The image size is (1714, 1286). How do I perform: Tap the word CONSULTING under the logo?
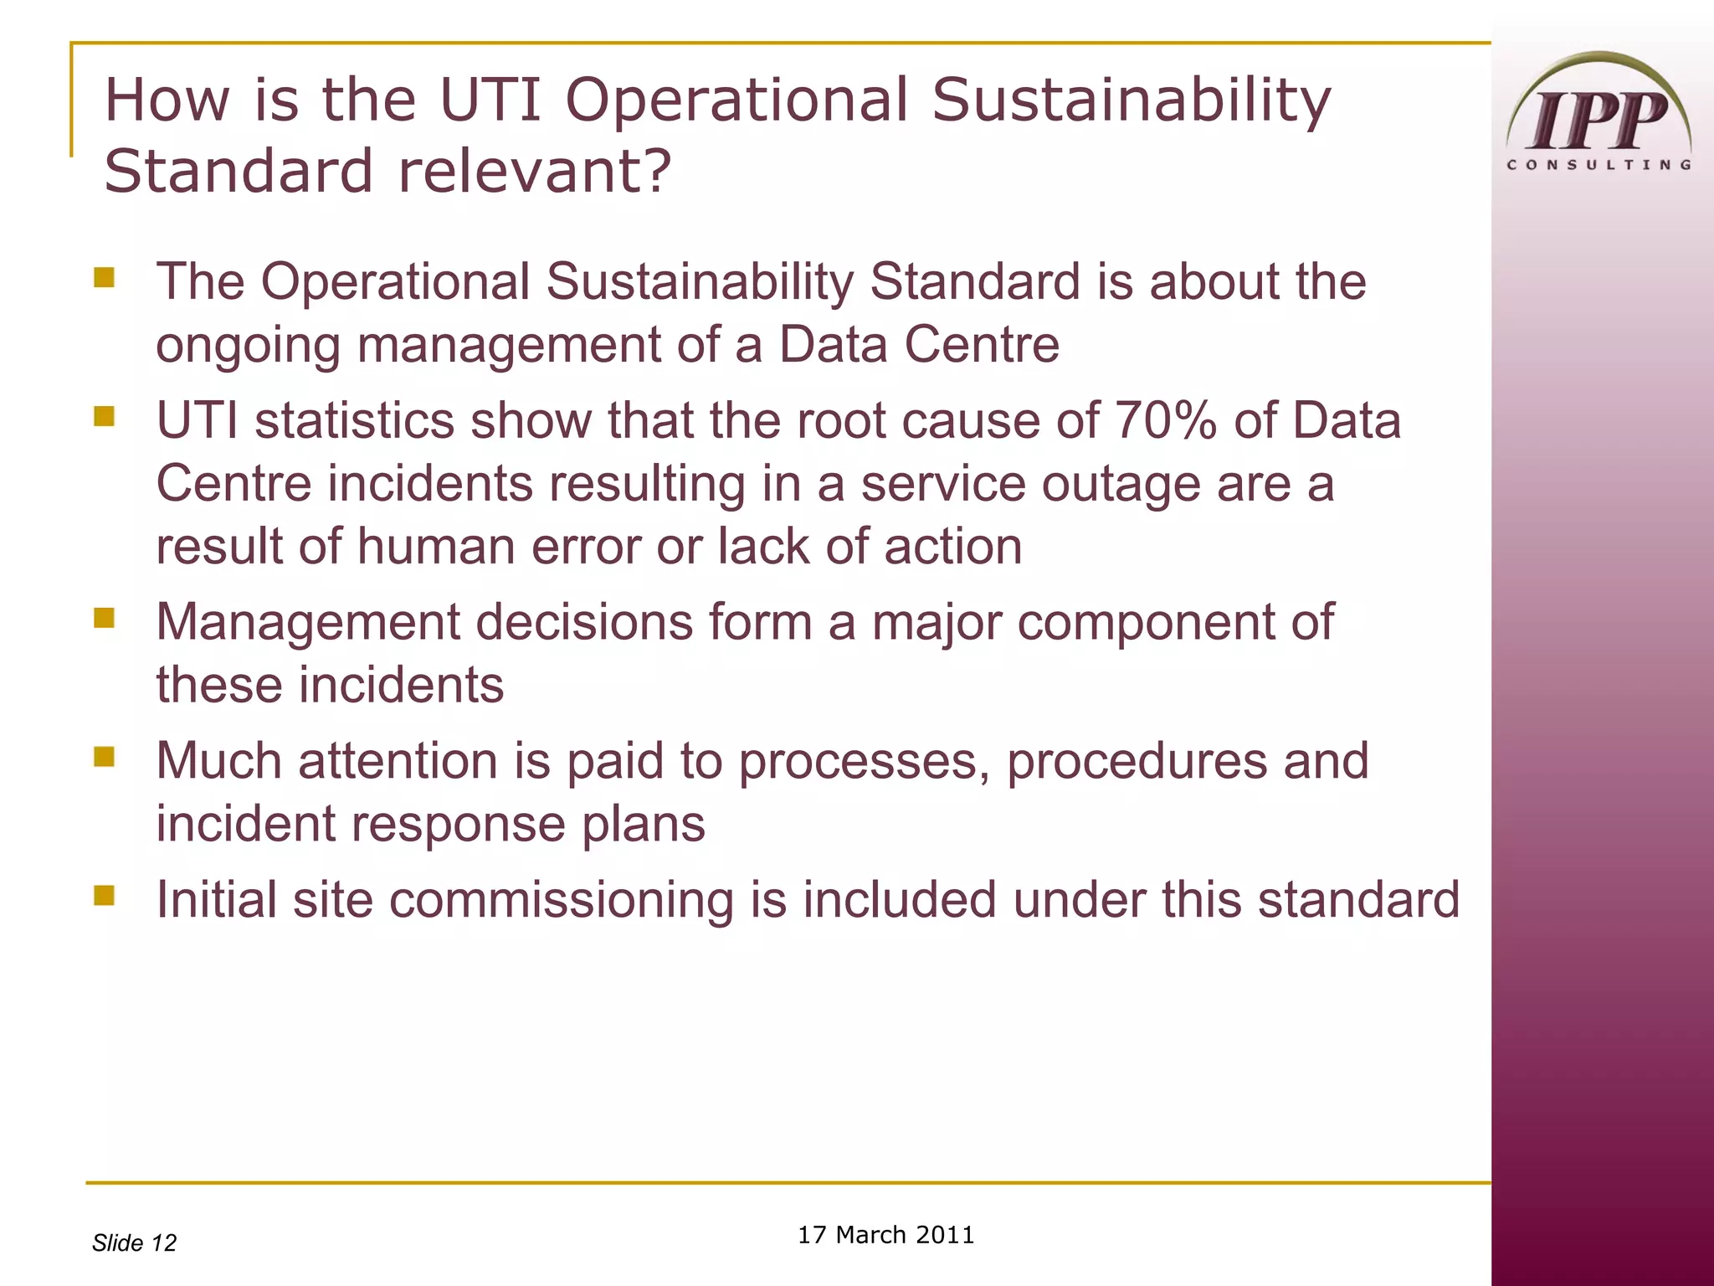pyautogui.click(x=1599, y=165)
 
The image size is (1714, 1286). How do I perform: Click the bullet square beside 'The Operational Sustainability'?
pyautogui.click(x=105, y=277)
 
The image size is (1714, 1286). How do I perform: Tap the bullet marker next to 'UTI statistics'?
pyautogui.click(x=105, y=416)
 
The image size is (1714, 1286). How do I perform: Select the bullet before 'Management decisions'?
pyautogui.click(x=105, y=618)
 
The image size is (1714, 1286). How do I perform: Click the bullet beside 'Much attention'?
pyautogui.click(x=105, y=757)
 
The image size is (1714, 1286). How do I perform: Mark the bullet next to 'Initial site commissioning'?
pyautogui.click(x=105, y=896)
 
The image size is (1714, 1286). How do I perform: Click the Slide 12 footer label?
pyautogui.click(x=134, y=1242)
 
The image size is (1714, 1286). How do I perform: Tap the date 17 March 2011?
pyautogui.click(x=885, y=1235)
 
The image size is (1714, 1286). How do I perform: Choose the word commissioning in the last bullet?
pyautogui.click(x=561, y=900)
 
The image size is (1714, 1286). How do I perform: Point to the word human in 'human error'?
pyautogui.click(x=436, y=547)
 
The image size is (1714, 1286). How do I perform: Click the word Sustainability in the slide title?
pyautogui.click(x=1131, y=100)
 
